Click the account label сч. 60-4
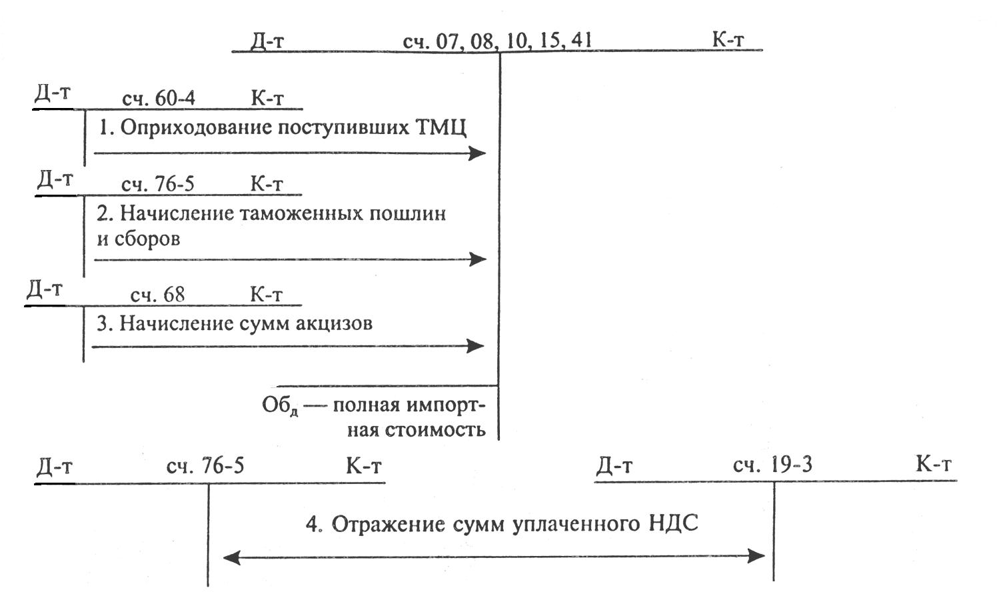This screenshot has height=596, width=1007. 159,99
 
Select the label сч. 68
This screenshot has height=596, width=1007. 157,295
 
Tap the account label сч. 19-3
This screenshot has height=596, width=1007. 772,465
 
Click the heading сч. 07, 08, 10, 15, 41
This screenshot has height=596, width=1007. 497,41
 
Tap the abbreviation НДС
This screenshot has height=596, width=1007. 673,523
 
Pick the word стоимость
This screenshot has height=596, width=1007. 435,429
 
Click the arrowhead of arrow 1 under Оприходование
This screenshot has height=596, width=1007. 478,153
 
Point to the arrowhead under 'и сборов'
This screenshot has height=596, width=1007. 479,259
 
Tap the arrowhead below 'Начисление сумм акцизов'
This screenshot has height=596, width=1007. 476,346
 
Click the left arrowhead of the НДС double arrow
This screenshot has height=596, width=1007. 231,557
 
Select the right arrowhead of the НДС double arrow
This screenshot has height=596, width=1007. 758,556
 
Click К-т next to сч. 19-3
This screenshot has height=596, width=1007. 933,464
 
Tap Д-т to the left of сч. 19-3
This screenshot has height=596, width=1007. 614,465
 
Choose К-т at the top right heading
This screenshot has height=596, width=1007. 728,39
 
